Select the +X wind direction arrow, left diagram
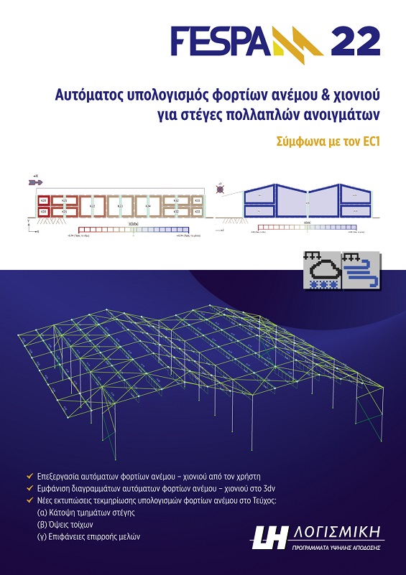pyautogui.click(x=34, y=183)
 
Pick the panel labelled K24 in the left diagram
pyautogui.click(x=147, y=206)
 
